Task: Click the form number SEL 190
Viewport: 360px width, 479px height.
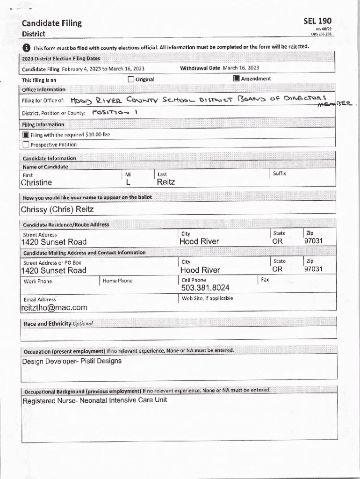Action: point(317,21)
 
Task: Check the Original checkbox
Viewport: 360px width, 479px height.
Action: point(131,79)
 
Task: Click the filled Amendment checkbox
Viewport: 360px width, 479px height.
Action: point(237,79)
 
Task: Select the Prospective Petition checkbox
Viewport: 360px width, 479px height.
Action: point(26,145)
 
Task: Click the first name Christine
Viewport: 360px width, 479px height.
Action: point(36,182)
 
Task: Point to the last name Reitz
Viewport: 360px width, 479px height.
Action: point(166,182)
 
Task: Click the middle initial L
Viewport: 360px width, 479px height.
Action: point(128,182)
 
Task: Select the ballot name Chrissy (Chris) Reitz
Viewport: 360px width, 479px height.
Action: point(58,209)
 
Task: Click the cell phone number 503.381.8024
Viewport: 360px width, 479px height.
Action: point(205,288)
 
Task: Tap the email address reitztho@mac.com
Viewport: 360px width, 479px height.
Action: point(54,307)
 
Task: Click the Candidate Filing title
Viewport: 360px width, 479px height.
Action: point(51,23)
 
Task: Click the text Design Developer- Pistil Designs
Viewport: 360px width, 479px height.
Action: point(72,361)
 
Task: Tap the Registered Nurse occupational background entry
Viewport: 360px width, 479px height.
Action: point(94,400)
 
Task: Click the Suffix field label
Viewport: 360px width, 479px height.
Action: point(280,174)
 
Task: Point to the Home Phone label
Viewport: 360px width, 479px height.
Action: point(117,281)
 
